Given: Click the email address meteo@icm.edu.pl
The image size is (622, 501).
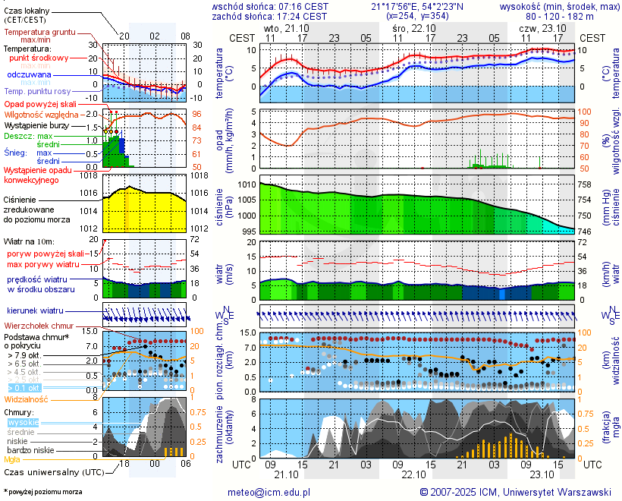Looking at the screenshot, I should [269, 492].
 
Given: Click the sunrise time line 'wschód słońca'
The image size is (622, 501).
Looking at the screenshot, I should [269, 6].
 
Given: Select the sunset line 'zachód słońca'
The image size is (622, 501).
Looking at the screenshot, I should [269, 16].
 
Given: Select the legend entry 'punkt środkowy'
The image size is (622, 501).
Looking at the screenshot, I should [39, 58].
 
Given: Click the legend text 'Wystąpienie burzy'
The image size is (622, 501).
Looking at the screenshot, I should [35, 124].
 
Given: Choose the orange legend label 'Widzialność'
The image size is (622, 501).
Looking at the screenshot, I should [27, 399].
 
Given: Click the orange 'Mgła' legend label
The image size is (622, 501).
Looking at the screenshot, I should [12, 459].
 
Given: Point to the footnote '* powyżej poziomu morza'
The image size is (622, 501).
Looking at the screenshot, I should [42, 492].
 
